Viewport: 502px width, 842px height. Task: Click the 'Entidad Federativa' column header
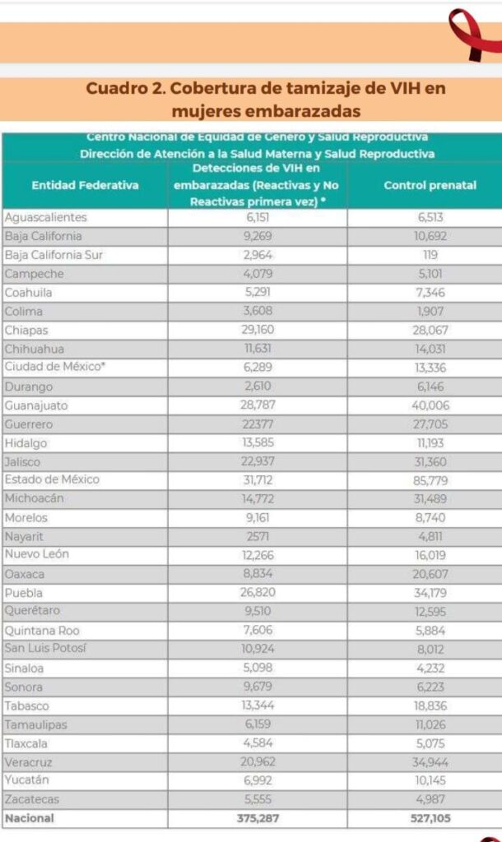point(85,185)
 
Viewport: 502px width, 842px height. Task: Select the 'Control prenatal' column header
point(430,185)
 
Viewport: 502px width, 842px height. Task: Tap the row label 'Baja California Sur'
point(53,255)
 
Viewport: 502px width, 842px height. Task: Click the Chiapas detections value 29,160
point(258,330)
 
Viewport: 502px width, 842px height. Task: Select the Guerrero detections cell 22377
point(258,424)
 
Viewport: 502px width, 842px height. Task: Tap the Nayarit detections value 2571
point(258,536)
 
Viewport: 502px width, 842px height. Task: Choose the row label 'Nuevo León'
point(37,554)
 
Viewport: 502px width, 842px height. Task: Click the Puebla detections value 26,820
point(258,592)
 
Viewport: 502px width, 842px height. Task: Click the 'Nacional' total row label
point(29,818)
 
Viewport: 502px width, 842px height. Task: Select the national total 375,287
point(258,818)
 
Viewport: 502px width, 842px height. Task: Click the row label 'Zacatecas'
point(32,799)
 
